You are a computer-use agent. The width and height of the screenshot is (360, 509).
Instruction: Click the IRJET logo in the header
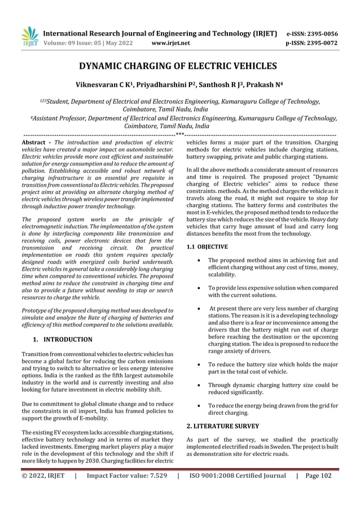(x=29, y=36)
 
